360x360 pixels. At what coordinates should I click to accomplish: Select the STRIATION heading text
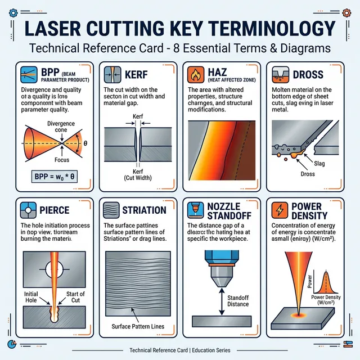144,210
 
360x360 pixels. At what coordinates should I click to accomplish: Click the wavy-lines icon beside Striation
110,210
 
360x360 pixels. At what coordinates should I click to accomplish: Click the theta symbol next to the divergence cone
85,143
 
